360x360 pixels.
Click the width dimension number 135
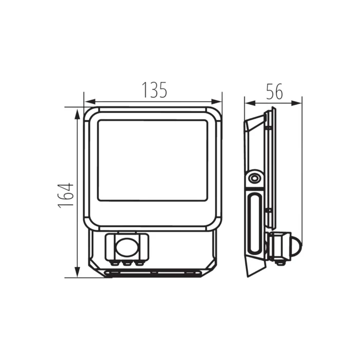pos(154,90)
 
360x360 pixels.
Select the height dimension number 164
pos(66,195)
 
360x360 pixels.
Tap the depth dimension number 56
pos(275,92)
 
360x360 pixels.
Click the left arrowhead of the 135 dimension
pos(90,102)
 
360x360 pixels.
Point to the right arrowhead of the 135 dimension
pos(216,102)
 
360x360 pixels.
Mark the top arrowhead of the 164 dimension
pos(78,114)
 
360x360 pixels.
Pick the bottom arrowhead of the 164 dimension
pos(78,272)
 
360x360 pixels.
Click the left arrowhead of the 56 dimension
pos(250,103)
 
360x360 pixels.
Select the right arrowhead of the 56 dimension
pos(296,103)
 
